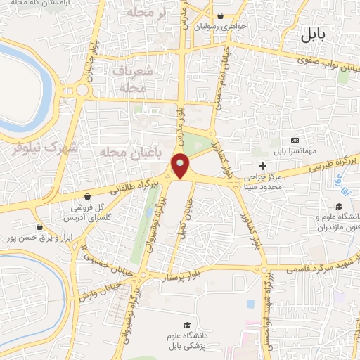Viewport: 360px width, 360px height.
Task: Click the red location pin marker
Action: (181, 167)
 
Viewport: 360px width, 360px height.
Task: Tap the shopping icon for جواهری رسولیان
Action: (221, 16)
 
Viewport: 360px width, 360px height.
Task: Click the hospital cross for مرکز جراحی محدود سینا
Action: (263, 167)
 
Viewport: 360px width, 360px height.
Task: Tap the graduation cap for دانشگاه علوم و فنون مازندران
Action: (339, 207)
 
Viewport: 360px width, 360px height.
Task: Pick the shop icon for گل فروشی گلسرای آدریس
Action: (86, 197)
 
